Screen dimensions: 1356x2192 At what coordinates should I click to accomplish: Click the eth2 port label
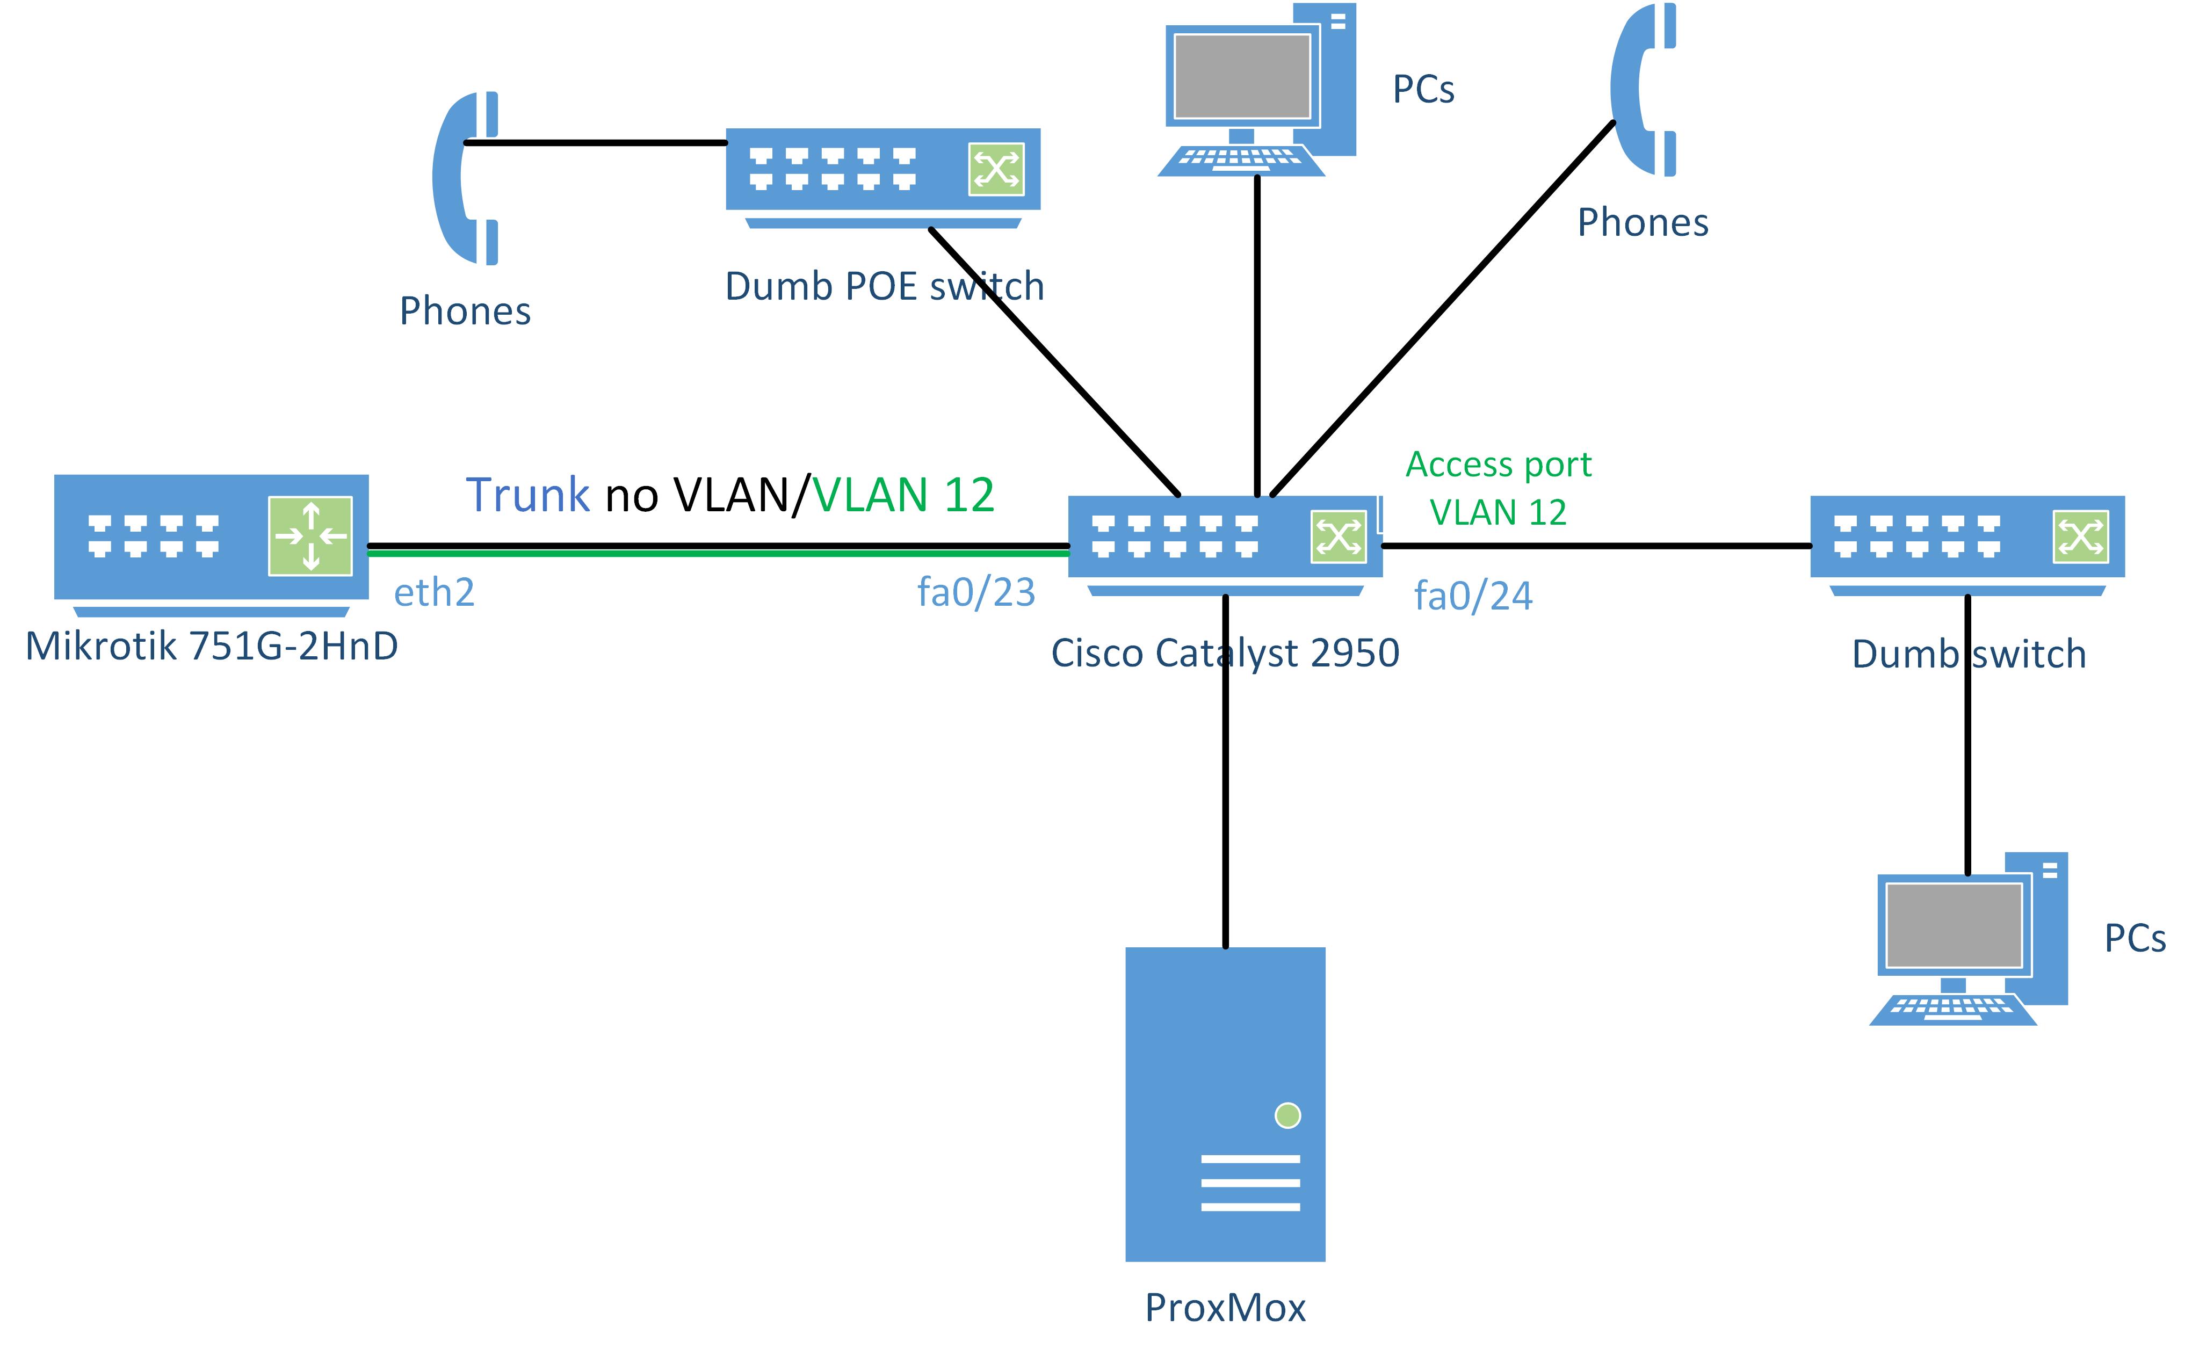click(434, 593)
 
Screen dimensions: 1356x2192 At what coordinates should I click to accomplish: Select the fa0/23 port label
click(976, 593)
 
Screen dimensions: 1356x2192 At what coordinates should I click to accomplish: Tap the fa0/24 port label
click(1473, 597)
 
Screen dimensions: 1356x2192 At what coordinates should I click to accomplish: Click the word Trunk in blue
click(527, 495)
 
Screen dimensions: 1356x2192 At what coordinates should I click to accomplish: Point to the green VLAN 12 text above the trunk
click(903, 495)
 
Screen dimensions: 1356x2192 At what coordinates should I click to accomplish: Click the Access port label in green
click(1498, 465)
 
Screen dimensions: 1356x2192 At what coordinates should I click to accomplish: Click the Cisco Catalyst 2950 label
click(1224, 653)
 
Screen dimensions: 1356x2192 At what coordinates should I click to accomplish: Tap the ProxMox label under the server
click(1225, 1308)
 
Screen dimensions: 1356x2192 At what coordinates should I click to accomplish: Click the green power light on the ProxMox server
click(1287, 1115)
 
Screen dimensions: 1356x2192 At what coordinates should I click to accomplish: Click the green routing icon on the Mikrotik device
click(310, 536)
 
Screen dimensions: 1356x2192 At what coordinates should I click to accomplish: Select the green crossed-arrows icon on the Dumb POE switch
click(995, 169)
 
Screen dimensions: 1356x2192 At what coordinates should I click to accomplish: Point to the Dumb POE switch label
click(884, 287)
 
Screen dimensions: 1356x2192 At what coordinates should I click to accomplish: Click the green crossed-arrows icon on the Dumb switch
click(2080, 537)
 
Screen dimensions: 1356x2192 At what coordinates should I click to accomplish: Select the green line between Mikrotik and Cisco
click(718, 553)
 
